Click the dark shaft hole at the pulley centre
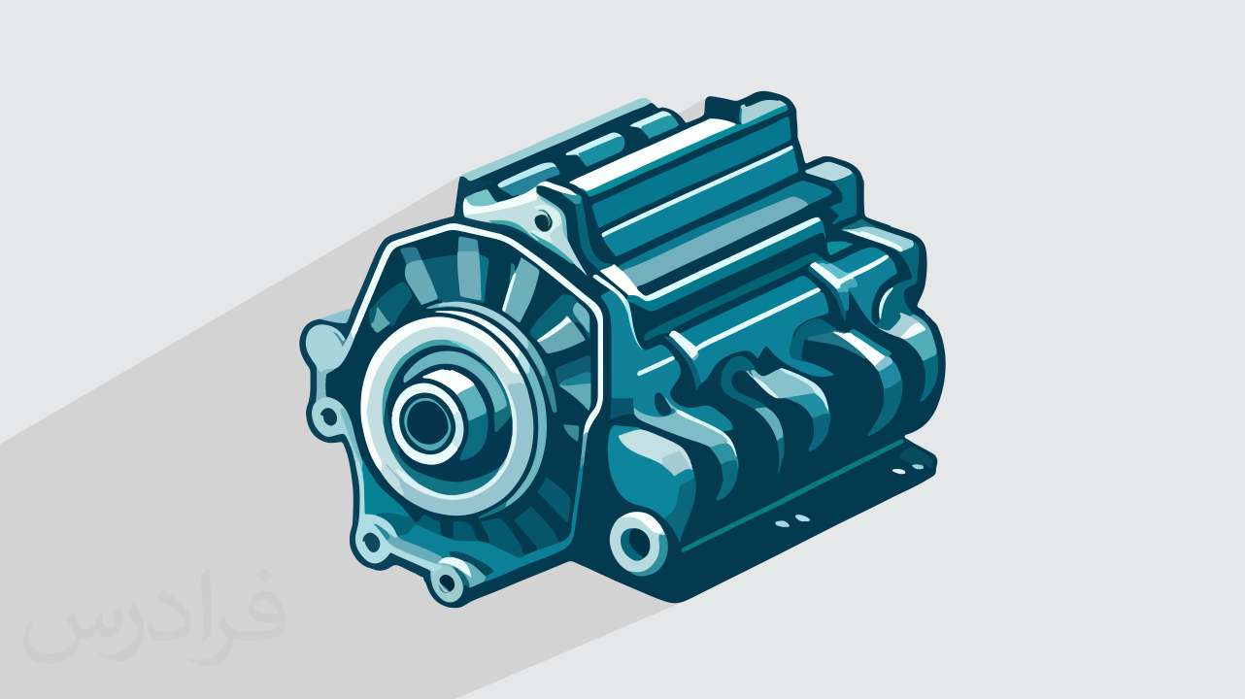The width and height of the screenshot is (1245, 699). (x=424, y=421)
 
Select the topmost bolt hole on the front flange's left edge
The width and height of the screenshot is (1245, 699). (x=328, y=416)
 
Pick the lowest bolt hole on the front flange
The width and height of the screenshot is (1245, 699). (x=447, y=582)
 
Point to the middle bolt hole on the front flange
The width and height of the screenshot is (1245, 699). (x=371, y=541)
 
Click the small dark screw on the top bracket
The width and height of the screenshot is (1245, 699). (x=543, y=221)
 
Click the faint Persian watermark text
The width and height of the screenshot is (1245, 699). (x=155, y=616)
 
